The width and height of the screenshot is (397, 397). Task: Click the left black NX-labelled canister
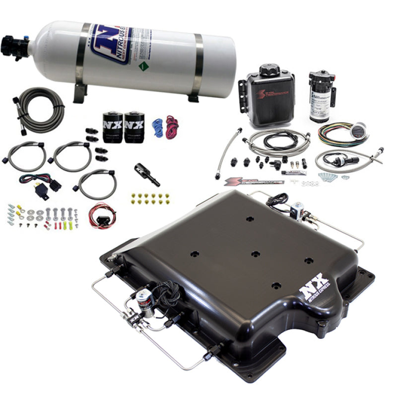(x=113, y=127)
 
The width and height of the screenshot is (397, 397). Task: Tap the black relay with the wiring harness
(x=54, y=185)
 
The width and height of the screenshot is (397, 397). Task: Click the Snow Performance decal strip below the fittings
(x=253, y=182)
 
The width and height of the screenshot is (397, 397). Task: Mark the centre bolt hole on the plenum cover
(x=255, y=254)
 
